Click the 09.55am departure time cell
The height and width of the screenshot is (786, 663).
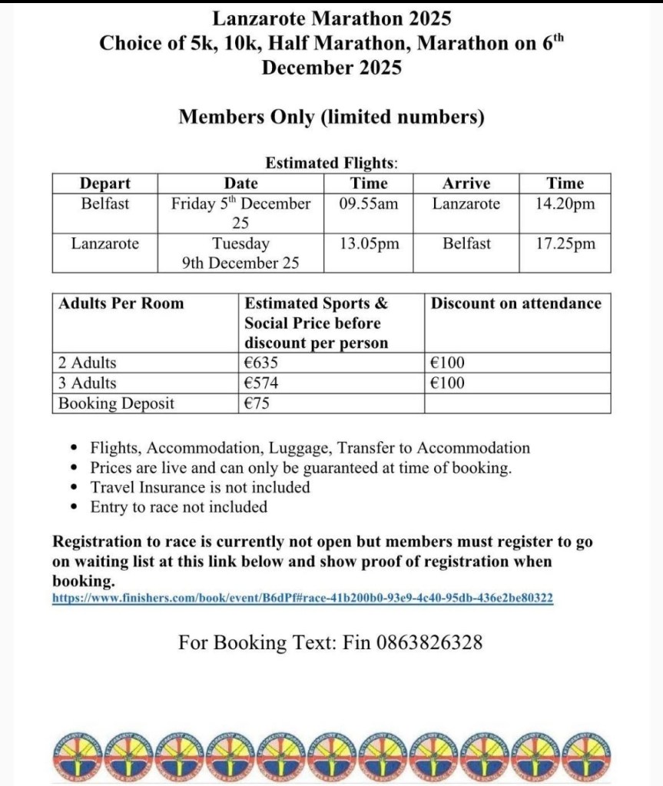click(x=369, y=204)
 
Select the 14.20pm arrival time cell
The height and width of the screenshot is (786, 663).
click(x=565, y=204)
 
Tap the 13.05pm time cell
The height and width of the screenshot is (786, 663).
click(x=369, y=244)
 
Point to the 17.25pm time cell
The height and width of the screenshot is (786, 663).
click(x=565, y=244)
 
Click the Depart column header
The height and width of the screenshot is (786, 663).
click(x=104, y=184)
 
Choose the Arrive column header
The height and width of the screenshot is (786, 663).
click(x=466, y=184)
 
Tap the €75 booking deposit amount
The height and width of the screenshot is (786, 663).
click(x=257, y=403)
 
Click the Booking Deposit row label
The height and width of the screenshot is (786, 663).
click(x=117, y=403)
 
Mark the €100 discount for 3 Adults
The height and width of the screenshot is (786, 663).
click(x=448, y=383)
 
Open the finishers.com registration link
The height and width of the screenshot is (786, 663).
click(x=303, y=598)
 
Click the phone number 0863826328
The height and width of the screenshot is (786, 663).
click(x=429, y=642)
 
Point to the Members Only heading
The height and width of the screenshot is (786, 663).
click(x=331, y=117)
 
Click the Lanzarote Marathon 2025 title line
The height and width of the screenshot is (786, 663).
click(x=331, y=17)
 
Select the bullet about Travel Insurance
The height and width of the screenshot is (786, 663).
click(x=200, y=487)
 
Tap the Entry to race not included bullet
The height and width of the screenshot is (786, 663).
click(x=178, y=507)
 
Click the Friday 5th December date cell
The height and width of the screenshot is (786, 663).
click(x=240, y=204)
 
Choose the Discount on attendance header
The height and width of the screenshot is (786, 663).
click(x=515, y=303)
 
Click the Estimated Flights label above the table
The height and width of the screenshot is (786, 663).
click(x=331, y=163)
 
